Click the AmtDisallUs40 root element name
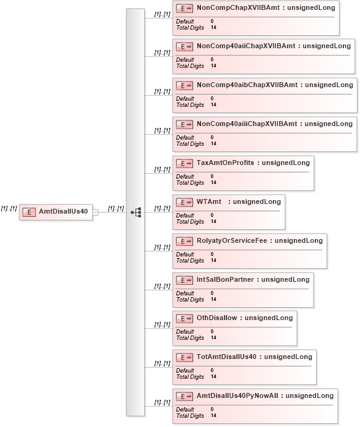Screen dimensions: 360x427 [63, 211]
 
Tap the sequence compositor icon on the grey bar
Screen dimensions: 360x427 [136, 212]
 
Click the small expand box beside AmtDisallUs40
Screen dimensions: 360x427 [95, 212]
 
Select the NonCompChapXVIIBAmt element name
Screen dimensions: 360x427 [238, 7]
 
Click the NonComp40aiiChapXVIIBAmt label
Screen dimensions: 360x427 [246, 46]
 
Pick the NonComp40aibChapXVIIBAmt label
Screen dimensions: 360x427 [247, 85]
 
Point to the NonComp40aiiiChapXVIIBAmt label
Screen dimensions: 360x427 [247, 124]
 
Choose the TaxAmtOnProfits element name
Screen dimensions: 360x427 [225, 163]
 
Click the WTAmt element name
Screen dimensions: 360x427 [209, 202]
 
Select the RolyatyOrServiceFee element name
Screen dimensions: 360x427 [232, 241]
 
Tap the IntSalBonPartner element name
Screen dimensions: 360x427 [225, 280]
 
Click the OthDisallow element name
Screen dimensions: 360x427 [217, 318]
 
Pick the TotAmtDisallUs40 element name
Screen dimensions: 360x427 [226, 357]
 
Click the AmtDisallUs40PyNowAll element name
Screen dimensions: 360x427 [238, 395]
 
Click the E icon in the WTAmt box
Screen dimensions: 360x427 [184, 202]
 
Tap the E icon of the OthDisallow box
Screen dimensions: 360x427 [184, 318]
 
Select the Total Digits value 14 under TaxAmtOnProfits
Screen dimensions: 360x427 [213, 182]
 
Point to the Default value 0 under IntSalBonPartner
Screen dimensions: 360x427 [212, 293]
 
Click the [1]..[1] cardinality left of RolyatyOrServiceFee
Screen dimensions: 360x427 [162, 247]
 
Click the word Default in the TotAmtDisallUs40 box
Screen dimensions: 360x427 [185, 370]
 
